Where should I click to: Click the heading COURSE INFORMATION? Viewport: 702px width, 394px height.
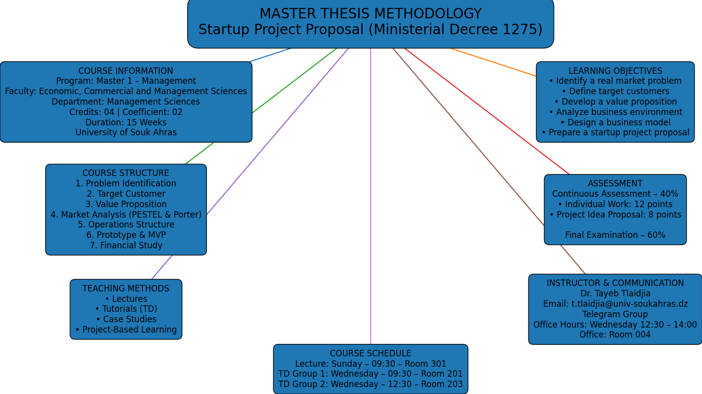[x=126, y=71]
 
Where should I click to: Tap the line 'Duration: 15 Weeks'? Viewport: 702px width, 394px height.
[x=126, y=122]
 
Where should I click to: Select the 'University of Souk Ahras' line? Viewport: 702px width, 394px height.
[x=126, y=132]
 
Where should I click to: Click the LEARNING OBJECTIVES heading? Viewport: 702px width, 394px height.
[x=615, y=71]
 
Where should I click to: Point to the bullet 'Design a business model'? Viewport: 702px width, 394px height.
[x=615, y=122]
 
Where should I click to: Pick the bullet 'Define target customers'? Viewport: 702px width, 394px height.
[x=615, y=91]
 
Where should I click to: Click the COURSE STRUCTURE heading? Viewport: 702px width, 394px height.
[x=126, y=173]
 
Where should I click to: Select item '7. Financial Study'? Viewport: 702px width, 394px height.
[x=126, y=245]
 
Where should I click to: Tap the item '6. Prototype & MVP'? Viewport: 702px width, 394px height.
[x=126, y=235]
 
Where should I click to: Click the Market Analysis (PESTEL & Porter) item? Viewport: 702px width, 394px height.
[x=126, y=215]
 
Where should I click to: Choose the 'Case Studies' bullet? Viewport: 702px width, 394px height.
[x=126, y=319]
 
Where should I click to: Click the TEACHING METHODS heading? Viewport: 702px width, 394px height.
[x=126, y=288]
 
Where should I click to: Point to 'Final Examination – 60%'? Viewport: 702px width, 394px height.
[x=615, y=235]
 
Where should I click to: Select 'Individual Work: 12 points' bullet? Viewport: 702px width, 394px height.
[x=615, y=204]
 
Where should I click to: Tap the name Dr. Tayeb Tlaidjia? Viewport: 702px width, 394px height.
[x=615, y=293]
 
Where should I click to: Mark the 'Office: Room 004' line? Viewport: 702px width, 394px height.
[x=615, y=335]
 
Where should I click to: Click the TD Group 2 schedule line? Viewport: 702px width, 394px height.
[x=370, y=384]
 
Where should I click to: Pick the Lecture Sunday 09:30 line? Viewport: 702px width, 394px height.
[x=370, y=364]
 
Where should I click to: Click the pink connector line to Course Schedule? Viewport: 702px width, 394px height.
[x=371, y=198]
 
